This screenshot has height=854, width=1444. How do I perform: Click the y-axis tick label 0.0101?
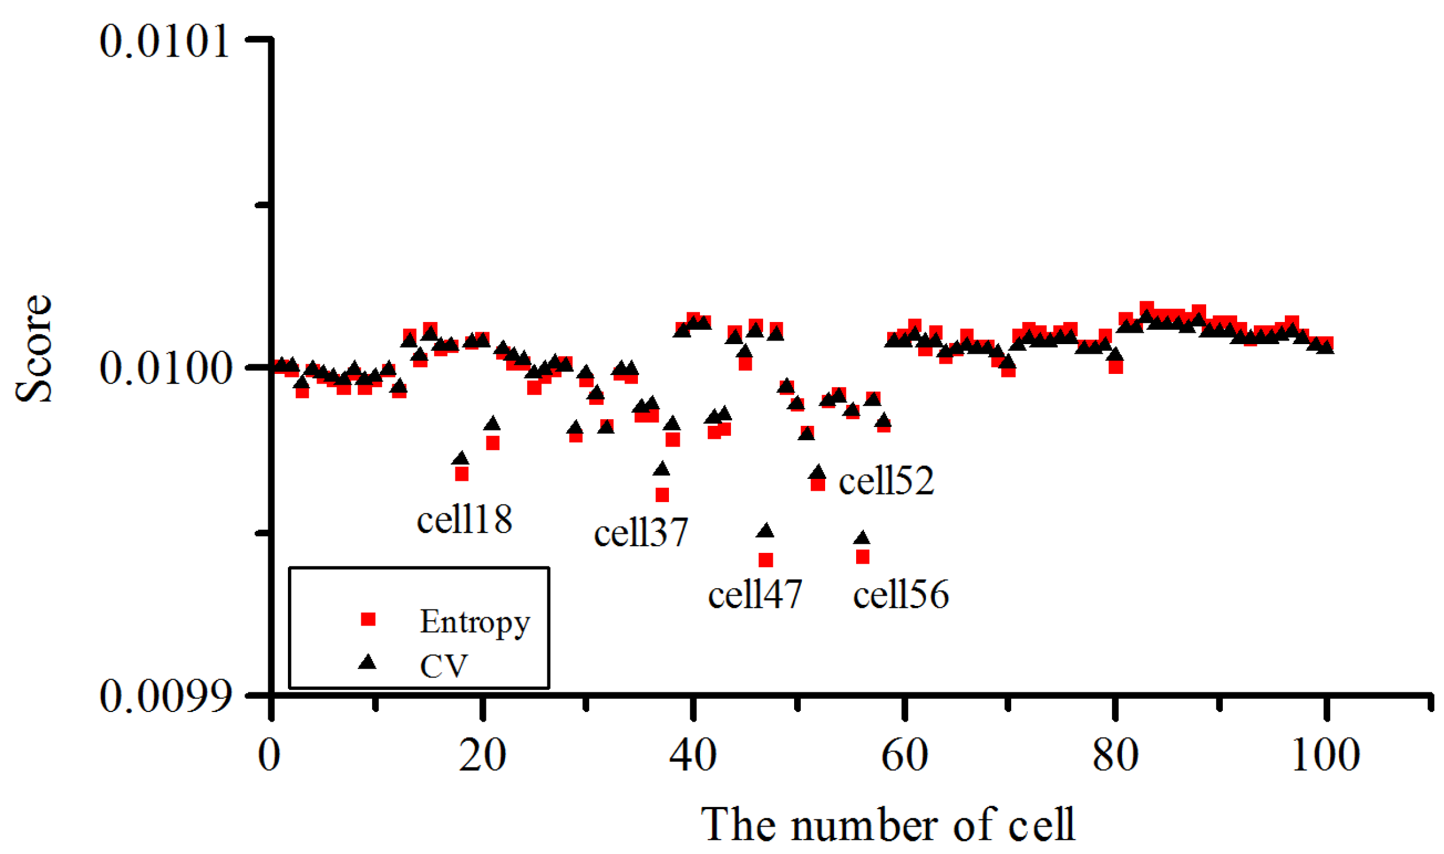click(165, 42)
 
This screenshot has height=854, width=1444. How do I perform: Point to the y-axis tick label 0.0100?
click(165, 368)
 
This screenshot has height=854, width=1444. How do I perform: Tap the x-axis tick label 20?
click(482, 755)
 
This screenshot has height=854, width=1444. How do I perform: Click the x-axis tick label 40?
click(692, 755)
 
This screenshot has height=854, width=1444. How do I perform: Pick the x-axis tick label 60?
click(904, 755)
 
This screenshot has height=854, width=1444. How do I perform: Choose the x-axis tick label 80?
click(1115, 755)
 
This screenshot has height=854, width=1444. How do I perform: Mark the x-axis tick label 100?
click(1325, 755)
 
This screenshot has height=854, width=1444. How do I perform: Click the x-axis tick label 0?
click(269, 755)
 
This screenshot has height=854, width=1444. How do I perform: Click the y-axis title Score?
click(33, 349)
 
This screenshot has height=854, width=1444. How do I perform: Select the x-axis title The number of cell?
click(887, 824)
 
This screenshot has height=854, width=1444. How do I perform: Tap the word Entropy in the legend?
click(475, 622)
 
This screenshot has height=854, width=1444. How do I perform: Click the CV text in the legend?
click(444, 666)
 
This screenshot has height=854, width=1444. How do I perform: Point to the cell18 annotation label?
click(464, 519)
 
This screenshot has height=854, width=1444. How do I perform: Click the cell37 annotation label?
click(641, 532)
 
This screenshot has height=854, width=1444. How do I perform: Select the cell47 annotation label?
click(755, 594)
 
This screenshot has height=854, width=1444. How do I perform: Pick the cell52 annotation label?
click(886, 481)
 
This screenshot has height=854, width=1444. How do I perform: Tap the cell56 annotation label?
click(900, 594)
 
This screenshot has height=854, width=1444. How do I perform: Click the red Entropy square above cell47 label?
click(766, 560)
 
